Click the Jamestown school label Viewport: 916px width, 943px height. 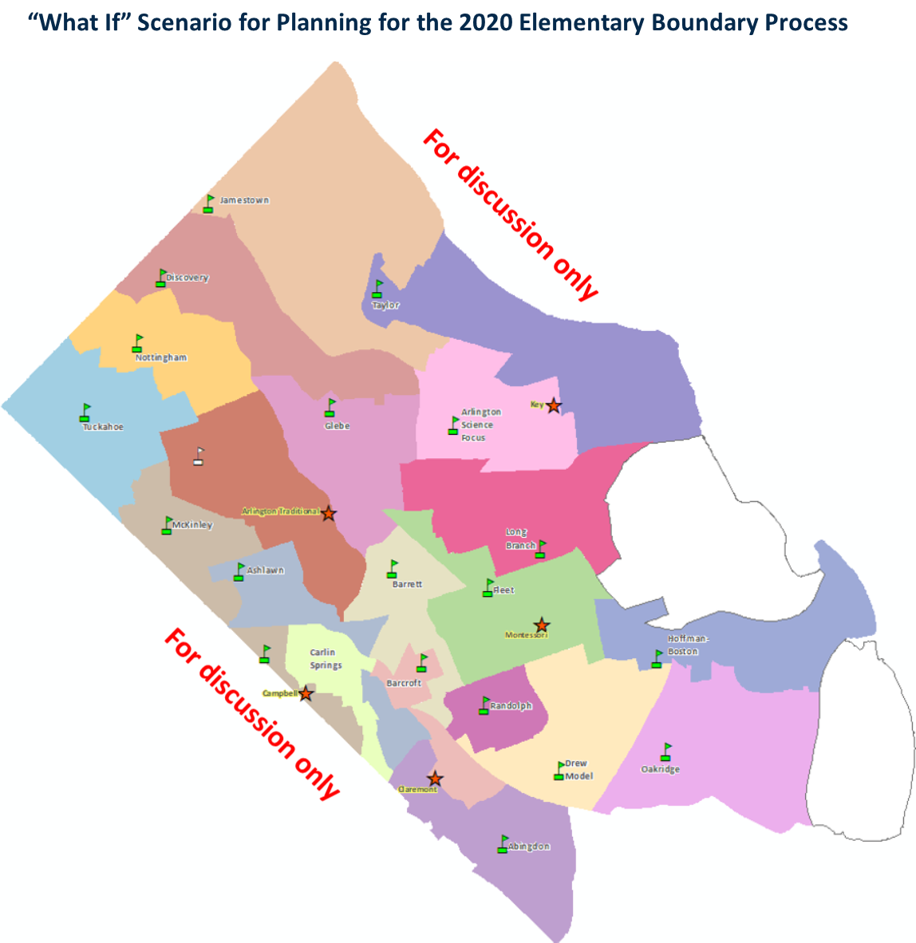point(244,200)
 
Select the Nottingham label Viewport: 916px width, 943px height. point(161,357)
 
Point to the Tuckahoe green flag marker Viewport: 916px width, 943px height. point(85,412)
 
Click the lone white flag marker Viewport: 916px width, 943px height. point(199,456)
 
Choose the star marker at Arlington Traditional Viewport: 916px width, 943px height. point(328,514)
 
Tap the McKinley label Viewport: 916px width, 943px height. point(192,525)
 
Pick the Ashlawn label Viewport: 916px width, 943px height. point(265,570)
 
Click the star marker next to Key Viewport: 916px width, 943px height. point(553,406)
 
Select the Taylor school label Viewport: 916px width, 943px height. point(385,305)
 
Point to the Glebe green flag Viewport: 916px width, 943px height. point(330,408)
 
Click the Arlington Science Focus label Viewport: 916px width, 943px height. point(480,424)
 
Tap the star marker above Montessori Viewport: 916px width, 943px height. point(541,625)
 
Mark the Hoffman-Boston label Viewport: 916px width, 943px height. point(687,645)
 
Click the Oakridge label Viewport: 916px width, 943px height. point(660,769)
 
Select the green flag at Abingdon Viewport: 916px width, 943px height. point(503,844)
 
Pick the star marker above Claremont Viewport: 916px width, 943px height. point(434,779)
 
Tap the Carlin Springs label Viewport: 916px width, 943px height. point(326,658)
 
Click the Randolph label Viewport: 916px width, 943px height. point(511,706)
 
